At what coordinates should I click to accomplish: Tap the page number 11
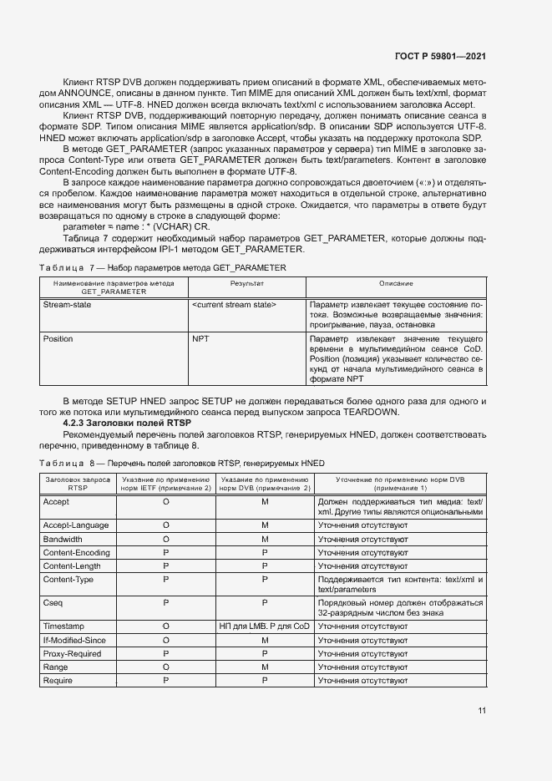482,710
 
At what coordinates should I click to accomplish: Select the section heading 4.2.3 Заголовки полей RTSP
116,423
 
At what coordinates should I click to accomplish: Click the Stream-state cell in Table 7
67,305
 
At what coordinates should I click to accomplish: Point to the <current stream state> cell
234,305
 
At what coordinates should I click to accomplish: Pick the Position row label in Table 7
58,339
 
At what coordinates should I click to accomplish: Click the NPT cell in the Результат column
200,339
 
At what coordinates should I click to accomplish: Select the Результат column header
246,284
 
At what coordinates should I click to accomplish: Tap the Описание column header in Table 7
396,284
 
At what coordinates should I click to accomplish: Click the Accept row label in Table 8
56,501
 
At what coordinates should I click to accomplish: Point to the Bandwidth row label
62,540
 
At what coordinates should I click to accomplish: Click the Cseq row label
53,602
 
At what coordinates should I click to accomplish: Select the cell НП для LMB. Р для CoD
264,625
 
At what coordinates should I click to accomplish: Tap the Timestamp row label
63,625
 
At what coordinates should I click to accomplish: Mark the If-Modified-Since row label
73,639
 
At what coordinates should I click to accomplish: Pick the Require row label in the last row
58,682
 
